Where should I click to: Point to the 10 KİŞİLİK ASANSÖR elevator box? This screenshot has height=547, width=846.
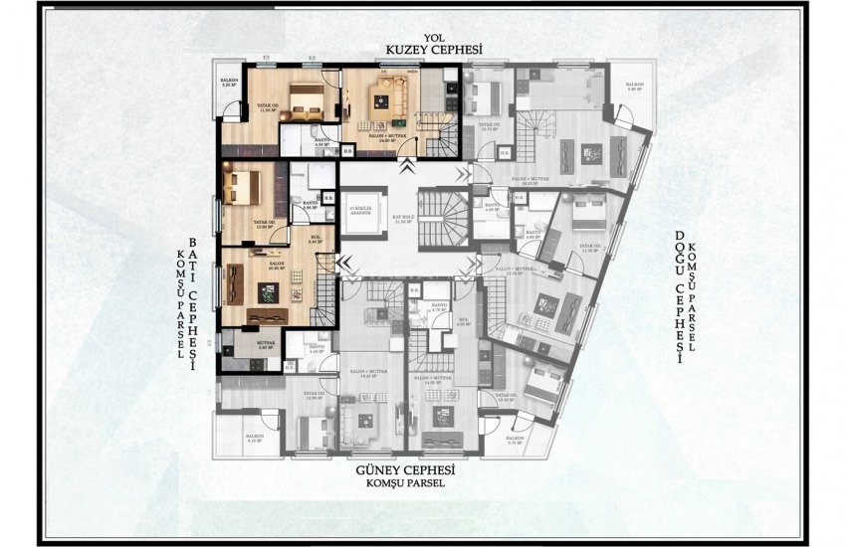pyautogui.click(x=361, y=211)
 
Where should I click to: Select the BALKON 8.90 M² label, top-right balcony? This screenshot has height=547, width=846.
pyautogui.click(x=633, y=88)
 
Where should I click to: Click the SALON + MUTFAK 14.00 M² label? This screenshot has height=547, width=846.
pyautogui.click(x=441, y=379)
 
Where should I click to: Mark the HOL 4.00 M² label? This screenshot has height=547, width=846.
pyautogui.click(x=463, y=322)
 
